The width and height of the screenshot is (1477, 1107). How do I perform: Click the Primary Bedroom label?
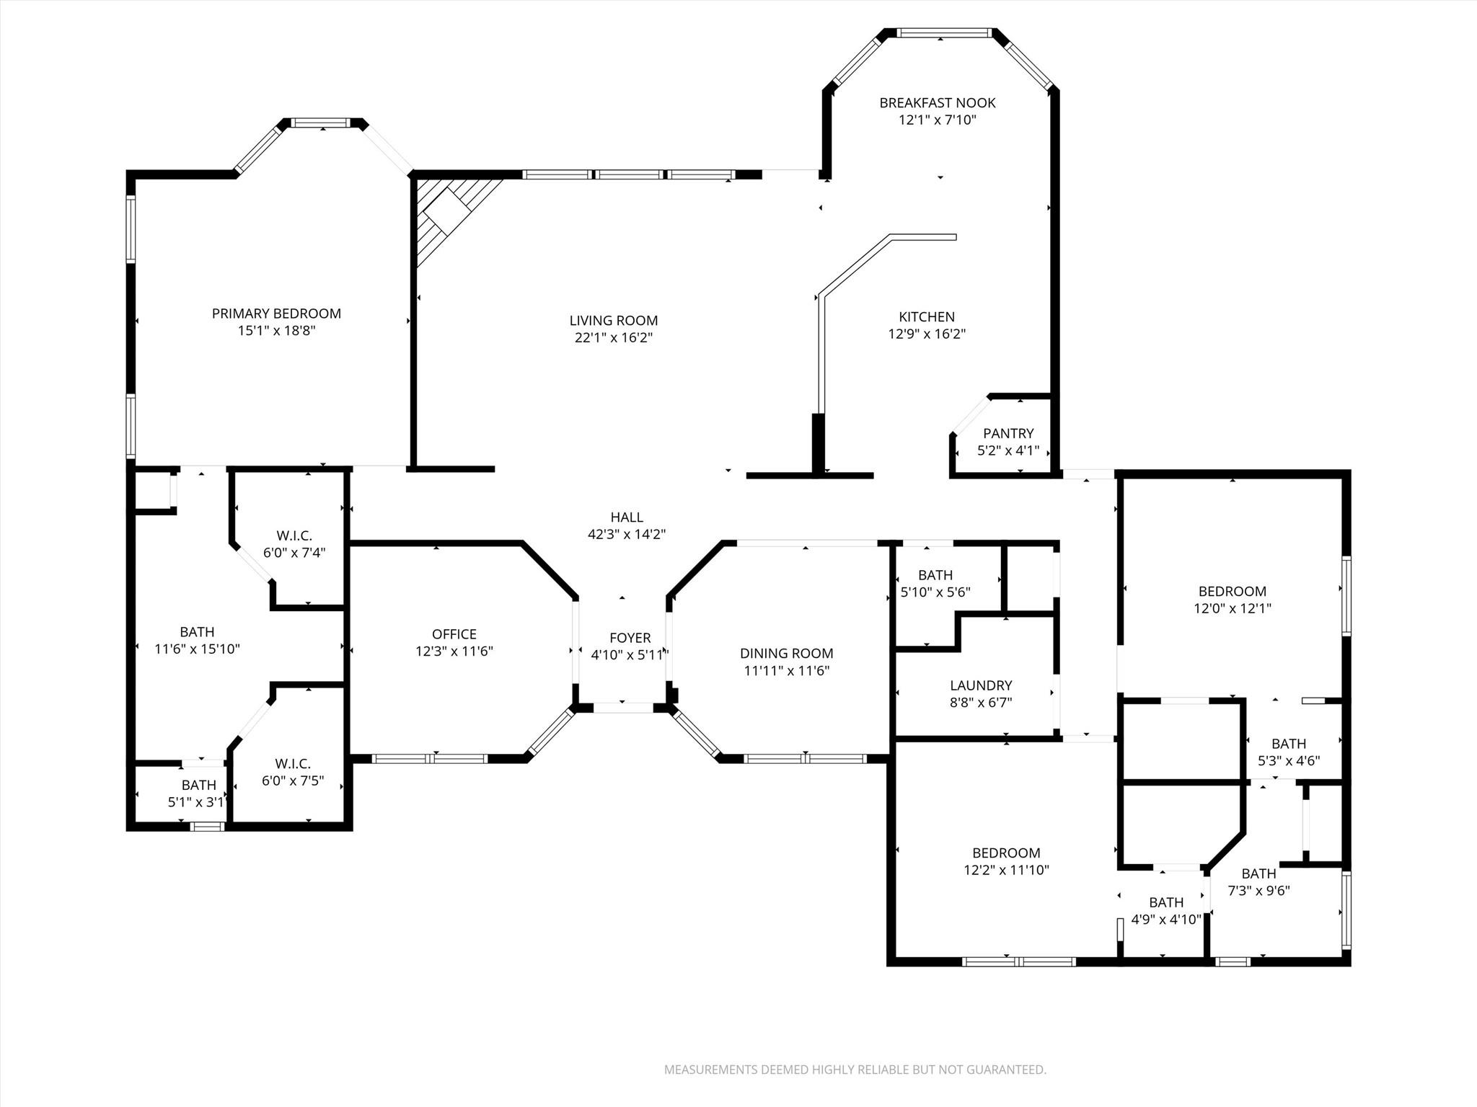tap(276, 314)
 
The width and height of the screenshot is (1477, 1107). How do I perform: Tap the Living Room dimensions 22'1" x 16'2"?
tap(613, 337)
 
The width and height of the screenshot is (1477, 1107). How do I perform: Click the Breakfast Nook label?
tap(937, 103)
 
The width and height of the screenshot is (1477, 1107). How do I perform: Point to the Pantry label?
tap(1008, 433)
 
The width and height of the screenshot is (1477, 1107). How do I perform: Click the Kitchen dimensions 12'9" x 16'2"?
tap(927, 334)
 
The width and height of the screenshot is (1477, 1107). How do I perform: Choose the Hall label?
tap(626, 517)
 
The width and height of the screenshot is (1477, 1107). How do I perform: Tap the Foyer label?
tap(630, 638)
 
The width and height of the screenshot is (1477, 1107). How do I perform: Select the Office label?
tap(454, 634)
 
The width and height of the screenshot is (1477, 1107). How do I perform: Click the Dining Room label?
tap(786, 654)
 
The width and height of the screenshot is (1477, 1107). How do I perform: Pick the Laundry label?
tap(981, 685)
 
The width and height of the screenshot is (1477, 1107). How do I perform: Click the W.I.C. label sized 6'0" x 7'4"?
tap(294, 535)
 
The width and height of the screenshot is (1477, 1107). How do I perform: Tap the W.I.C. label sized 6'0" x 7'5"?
tap(293, 763)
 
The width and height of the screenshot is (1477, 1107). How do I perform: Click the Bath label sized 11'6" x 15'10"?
tap(197, 632)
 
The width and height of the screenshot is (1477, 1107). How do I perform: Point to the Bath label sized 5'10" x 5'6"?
tap(935, 575)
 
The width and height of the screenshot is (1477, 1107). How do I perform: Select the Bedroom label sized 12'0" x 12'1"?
tap(1232, 591)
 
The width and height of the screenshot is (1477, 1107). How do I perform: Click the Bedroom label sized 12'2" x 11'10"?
tap(1006, 853)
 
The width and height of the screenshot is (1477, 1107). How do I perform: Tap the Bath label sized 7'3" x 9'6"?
tap(1258, 873)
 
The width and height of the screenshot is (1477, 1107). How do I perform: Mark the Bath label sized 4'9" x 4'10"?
tap(1166, 902)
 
